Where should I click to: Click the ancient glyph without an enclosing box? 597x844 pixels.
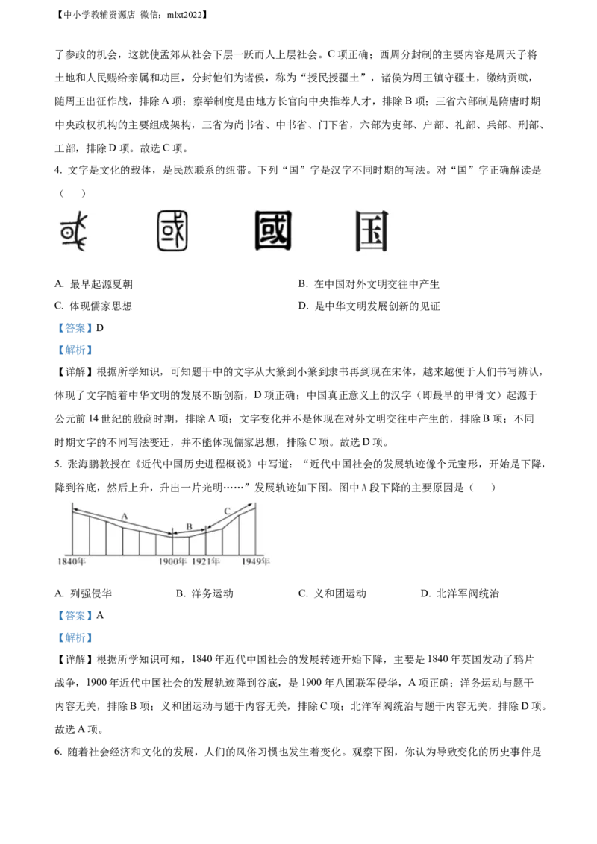[74, 230]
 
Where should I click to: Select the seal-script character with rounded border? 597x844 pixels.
[173, 230]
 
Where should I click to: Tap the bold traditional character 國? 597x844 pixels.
[272, 230]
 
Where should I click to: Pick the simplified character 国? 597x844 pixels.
[372, 231]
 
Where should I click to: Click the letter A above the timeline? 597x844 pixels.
[125, 515]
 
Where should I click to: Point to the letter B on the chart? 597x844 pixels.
[189, 527]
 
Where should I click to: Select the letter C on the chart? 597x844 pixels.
[227, 511]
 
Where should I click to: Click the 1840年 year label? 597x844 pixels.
[72, 561]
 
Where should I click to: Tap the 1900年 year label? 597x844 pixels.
[172, 561]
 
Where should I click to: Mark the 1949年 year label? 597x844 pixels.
[255, 561]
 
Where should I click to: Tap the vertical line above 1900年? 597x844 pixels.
[173, 544]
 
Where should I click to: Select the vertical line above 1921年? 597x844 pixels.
[206, 543]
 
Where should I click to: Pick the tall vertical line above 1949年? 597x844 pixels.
[256, 529]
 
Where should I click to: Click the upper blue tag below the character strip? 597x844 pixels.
[75, 328]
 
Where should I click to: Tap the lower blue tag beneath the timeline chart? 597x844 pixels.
[75, 638]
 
